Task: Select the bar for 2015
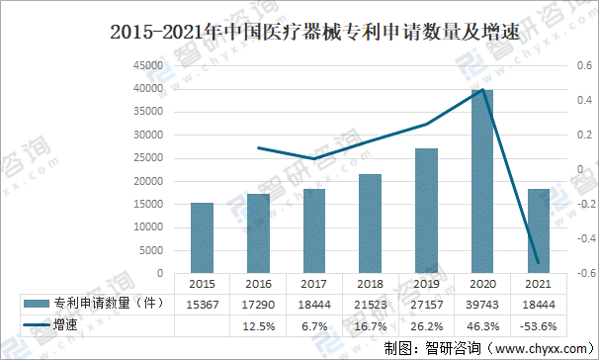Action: [202, 238]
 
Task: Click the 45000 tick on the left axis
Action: [149, 65]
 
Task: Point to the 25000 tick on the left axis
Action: [149, 158]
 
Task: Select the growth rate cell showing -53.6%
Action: [538, 324]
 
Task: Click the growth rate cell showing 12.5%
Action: [258, 324]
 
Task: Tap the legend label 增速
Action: [66, 324]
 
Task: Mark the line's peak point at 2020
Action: [482, 90]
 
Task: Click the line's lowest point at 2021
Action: [538, 263]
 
